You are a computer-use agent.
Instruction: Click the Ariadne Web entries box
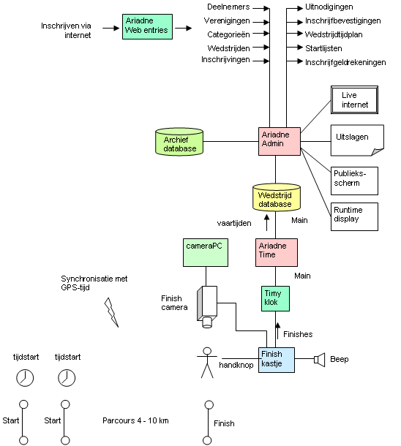pos(147,26)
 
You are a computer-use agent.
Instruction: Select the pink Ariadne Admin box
pos(280,141)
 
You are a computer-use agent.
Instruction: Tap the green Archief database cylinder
pos(179,142)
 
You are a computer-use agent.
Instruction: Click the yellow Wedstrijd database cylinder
pos(277,197)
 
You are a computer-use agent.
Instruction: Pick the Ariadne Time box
pos(277,252)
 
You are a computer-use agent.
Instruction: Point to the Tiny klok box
pos(275,298)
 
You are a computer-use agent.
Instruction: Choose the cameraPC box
pos(206,252)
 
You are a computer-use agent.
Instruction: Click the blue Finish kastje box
pos(277,360)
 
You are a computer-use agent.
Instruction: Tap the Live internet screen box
pos(354,100)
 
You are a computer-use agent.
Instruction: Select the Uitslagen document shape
pos(357,140)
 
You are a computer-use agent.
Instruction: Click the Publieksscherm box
pos(354,181)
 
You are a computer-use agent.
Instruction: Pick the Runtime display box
pos(354,216)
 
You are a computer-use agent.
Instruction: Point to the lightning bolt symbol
pos(111,313)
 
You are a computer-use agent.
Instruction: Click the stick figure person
pos(207,363)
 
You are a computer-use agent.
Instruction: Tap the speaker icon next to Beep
pos(319,360)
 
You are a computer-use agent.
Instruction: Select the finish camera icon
pos(207,306)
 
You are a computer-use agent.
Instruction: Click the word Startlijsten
pos(323,48)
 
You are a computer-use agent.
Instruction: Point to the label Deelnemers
pos(228,7)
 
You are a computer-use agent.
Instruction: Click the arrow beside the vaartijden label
pos(266,222)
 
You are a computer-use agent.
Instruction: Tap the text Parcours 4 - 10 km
pos(135,420)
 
